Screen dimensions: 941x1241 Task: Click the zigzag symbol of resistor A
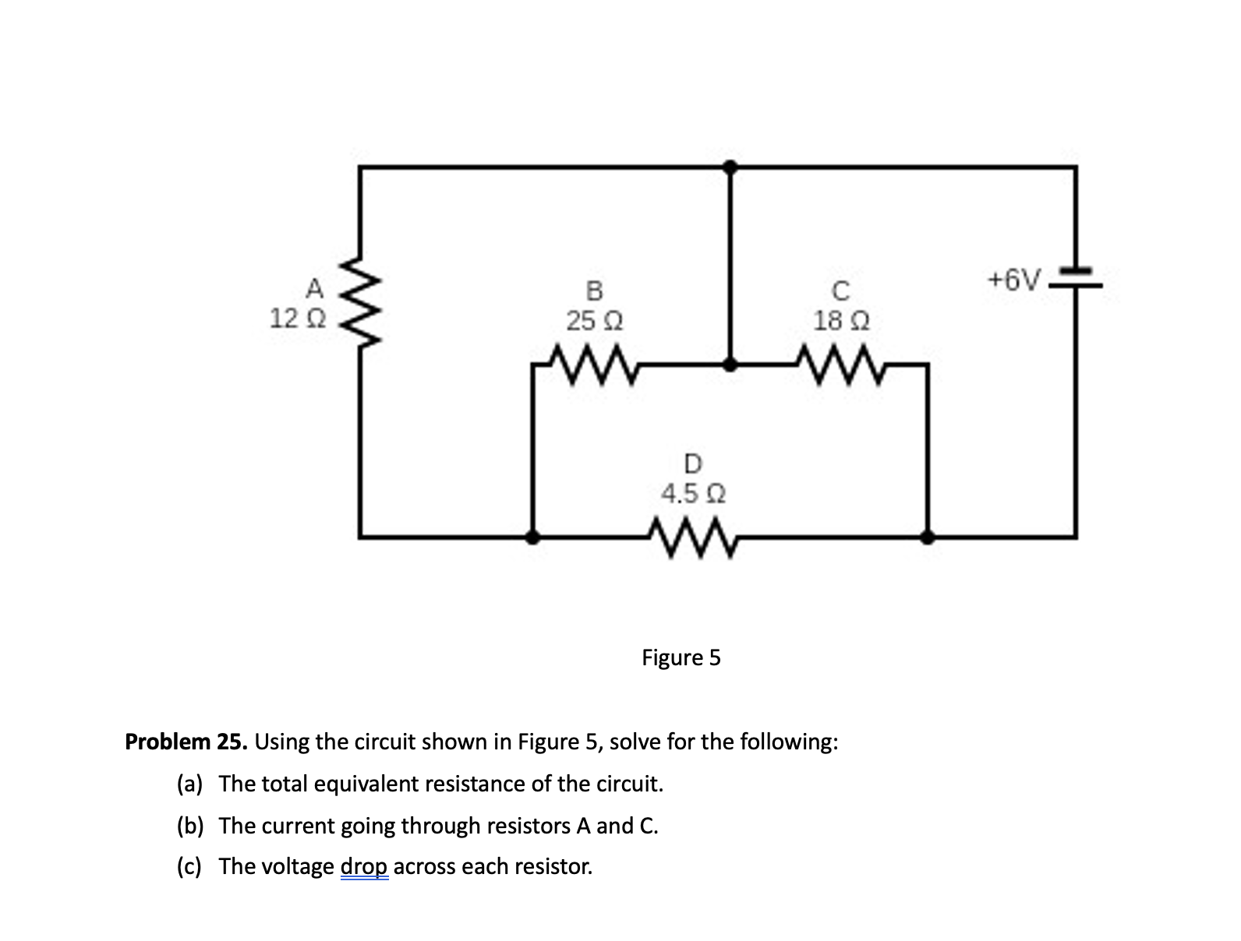point(361,305)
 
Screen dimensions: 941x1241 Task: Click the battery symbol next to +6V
point(1077,279)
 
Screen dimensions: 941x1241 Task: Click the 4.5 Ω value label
point(692,494)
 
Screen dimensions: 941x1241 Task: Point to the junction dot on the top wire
point(730,166)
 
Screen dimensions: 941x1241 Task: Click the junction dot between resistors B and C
point(730,364)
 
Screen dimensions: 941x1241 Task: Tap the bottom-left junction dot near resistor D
point(532,537)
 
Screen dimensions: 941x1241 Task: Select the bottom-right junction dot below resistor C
point(928,537)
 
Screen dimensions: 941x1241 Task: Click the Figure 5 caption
point(681,658)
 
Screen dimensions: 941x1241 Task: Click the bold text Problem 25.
point(186,741)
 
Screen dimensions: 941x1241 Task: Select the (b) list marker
point(190,826)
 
